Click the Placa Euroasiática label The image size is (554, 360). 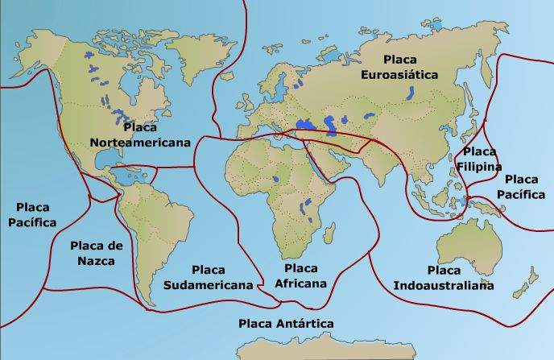(x=411, y=67)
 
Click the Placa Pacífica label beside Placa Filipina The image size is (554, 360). (x=521, y=187)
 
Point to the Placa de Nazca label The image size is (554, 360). (x=97, y=253)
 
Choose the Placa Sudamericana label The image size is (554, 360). (x=209, y=276)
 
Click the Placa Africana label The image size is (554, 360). (x=300, y=275)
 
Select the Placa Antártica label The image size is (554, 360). (x=286, y=323)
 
